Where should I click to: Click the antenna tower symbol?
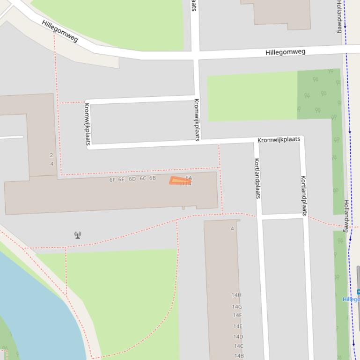coord(78,235)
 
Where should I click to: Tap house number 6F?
coord(112,180)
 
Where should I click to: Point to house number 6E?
coord(121,180)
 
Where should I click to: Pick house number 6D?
coord(132,179)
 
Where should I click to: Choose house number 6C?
coord(143,179)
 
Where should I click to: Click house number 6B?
coord(153,178)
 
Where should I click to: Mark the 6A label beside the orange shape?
coord(189,178)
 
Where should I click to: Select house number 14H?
coord(236,295)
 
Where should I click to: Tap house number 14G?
coord(237,307)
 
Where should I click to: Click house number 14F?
coord(237,315)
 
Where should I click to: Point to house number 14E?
coord(238,326)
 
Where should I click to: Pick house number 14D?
coord(238,337)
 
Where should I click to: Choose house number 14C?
coord(239,346)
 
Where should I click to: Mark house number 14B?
coord(239,356)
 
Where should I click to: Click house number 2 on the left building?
coord(51,155)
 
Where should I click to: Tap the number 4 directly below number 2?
coord(52,164)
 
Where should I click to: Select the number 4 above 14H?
coord(232,229)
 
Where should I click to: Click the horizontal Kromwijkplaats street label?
coord(279,139)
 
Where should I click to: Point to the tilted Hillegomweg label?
coord(59,31)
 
